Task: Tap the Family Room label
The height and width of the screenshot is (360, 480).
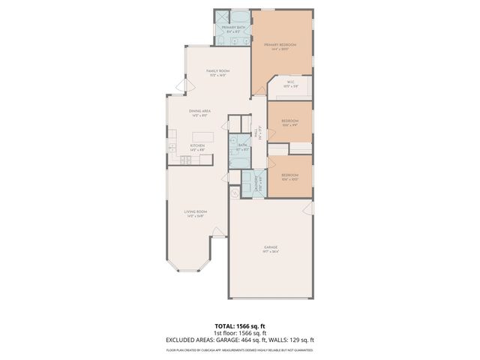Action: coord(217,70)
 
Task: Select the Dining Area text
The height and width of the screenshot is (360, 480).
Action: coord(200,111)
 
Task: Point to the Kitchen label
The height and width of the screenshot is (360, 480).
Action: coord(197,145)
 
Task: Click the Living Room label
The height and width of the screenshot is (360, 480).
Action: coord(195,212)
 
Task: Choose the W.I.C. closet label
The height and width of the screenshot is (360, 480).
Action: coord(289,84)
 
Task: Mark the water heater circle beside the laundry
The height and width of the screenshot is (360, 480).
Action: coord(235,193)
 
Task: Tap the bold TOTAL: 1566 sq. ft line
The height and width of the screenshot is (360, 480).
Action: coord(240,326)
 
